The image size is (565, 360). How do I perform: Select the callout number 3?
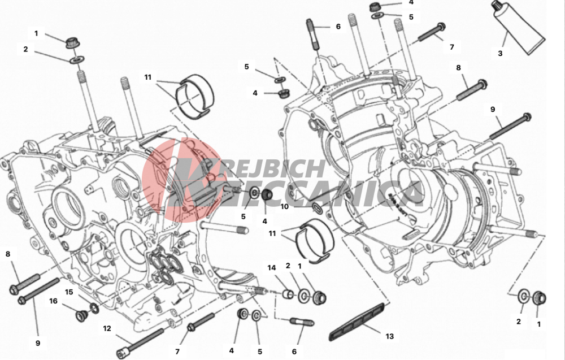[500, 53]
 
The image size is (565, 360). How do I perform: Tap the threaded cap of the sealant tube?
[498, 6]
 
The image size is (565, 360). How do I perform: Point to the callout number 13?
[389, 336]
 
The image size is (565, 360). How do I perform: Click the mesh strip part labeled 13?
[358, 322]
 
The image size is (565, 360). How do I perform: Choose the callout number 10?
[284, 206]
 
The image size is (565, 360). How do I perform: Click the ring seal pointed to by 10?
[318, 207]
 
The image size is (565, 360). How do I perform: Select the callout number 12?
[107, 328]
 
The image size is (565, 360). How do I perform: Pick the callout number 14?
[271, 268]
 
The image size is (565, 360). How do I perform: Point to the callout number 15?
[69, 292]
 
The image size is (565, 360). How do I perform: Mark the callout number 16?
[53, 301]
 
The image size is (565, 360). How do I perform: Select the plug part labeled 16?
[81, 315]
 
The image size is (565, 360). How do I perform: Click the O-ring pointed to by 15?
[94, 309]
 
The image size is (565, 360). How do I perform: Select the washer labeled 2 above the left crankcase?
[77, 59]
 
